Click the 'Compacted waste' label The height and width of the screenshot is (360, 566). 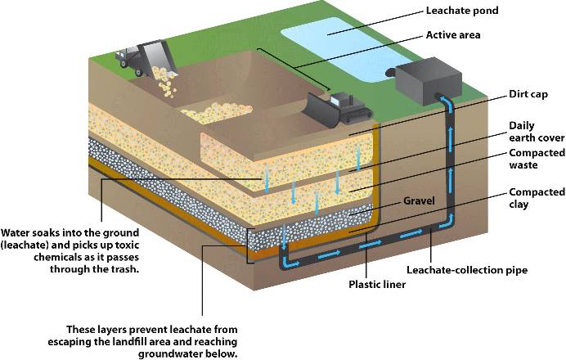[536, 160]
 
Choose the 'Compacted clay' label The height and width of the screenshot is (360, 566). [536, 198]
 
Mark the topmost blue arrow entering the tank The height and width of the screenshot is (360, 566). [448, 102]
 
